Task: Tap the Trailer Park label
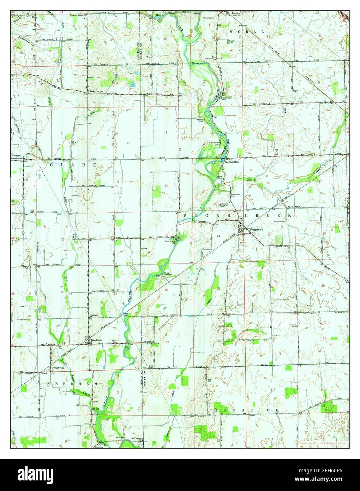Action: pos(232,42)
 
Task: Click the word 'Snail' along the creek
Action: pos(251,180)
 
